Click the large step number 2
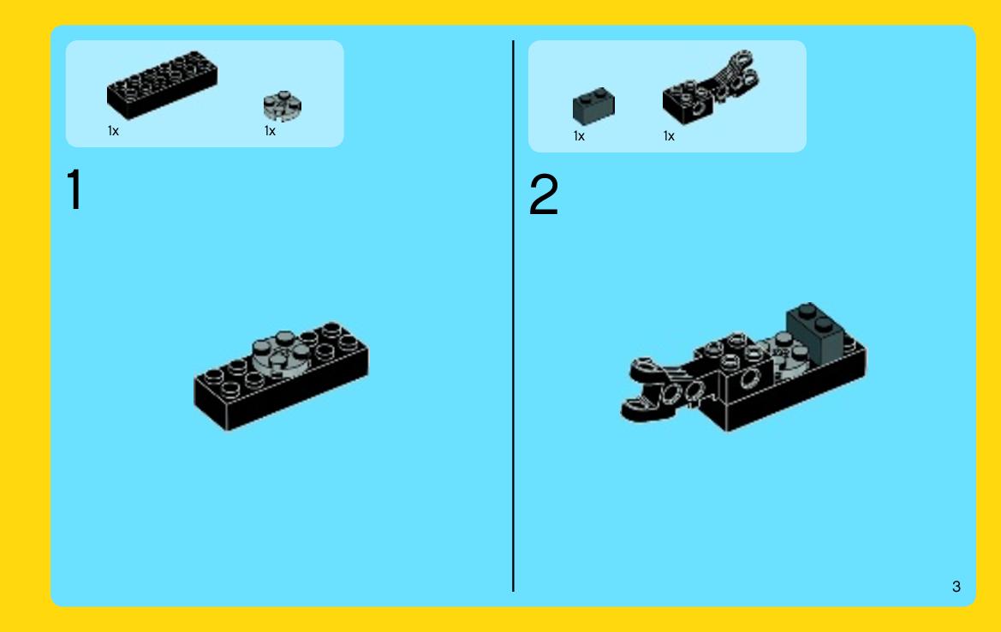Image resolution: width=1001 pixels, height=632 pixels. (x=544, y=194)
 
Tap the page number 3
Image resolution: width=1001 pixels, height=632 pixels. (x=956, y=587)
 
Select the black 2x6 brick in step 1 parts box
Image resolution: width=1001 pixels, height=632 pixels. (x=162, y=86)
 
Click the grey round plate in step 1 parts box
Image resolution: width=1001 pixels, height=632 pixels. (x=283, y=106)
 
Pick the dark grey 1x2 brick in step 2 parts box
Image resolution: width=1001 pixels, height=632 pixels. (x=593, y=106)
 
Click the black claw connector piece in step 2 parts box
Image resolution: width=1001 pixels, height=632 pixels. (x=710, y=86)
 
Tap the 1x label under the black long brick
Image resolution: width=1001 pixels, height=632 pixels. (x=113, y=131)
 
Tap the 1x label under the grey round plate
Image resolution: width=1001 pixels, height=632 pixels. (x=270, y=131)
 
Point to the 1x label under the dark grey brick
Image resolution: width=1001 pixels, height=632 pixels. (x=579, y=136)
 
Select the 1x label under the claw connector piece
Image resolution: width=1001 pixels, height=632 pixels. (x=669, y=136)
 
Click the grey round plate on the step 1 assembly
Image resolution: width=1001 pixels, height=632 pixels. (x=282, y=355)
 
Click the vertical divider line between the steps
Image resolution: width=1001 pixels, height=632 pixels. (x=513, y=316)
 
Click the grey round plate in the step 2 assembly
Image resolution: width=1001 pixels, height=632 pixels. (x=784, y=355)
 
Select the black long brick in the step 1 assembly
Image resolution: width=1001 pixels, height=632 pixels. (x=281, y=377)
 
